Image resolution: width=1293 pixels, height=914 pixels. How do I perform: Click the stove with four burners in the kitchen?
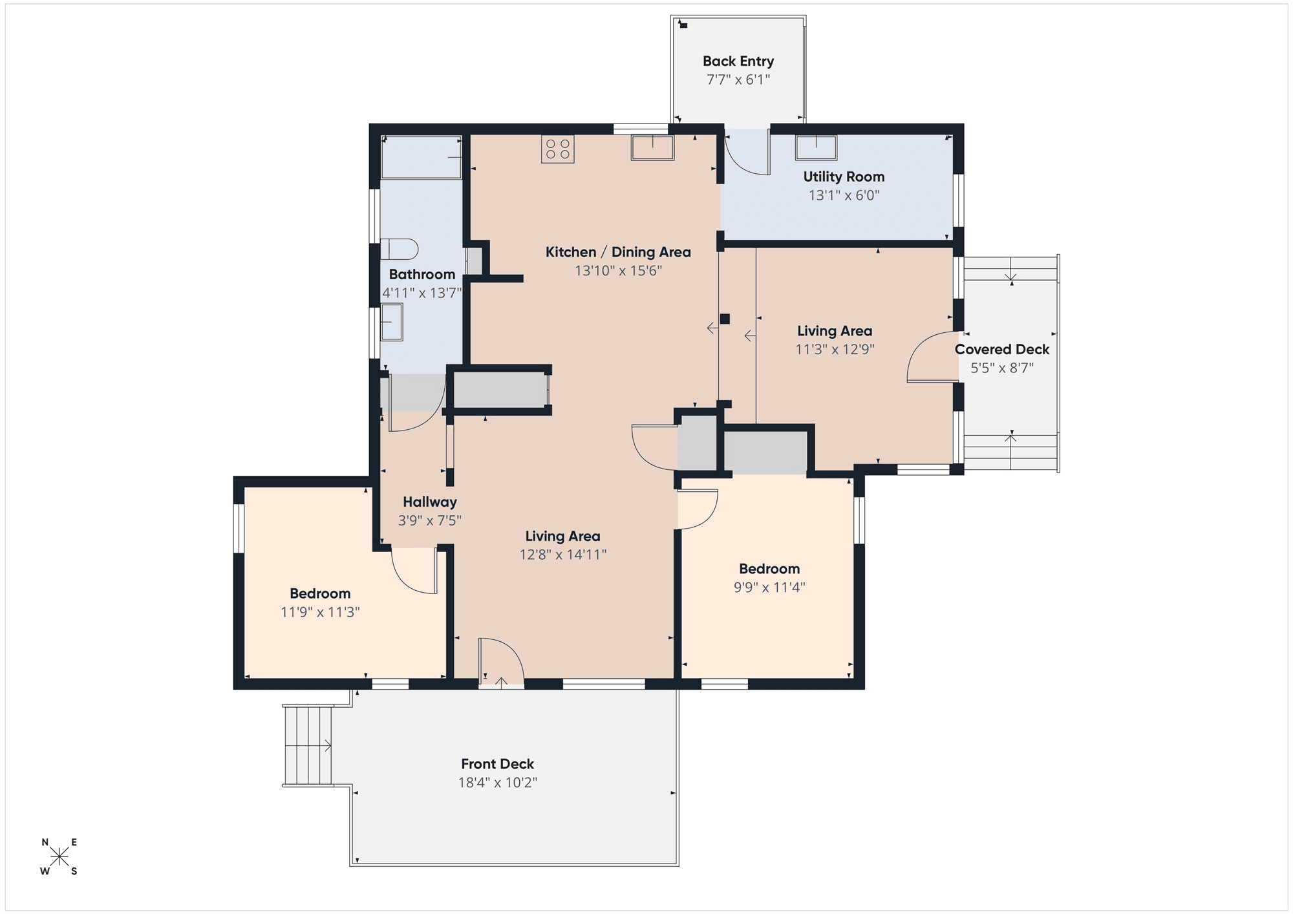pos(557,149)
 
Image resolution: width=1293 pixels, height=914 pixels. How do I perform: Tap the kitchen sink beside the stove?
pos(652,147)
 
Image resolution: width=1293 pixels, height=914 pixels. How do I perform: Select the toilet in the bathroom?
pos(399,249)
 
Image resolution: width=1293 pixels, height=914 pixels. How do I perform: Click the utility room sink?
pos(816,147)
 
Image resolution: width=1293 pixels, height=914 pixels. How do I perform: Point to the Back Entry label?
pos(738,61)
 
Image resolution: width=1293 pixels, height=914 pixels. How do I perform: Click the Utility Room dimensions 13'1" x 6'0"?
pos(844,195)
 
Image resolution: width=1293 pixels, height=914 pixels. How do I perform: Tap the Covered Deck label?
pos(1002,350)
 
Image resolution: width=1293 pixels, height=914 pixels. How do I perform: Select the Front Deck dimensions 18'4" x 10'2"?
pos(498,783)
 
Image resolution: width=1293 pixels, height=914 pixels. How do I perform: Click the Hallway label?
pos(430,502)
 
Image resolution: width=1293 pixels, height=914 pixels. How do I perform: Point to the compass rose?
pos(59,857)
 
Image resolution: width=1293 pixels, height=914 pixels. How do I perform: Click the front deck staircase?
pos(308,745)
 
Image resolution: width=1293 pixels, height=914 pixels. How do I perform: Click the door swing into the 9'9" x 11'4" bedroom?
pos(698,509)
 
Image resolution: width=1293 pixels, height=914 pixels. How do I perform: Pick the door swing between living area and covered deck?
pos(932,357)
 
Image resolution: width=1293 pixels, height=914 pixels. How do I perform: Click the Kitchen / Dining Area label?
pos(618,252)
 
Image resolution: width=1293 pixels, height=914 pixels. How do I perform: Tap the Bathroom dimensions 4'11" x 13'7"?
pos(422,293)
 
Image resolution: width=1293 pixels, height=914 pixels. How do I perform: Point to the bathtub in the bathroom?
pos(422,157)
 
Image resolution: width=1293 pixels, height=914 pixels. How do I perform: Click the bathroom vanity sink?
pos(392,322)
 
